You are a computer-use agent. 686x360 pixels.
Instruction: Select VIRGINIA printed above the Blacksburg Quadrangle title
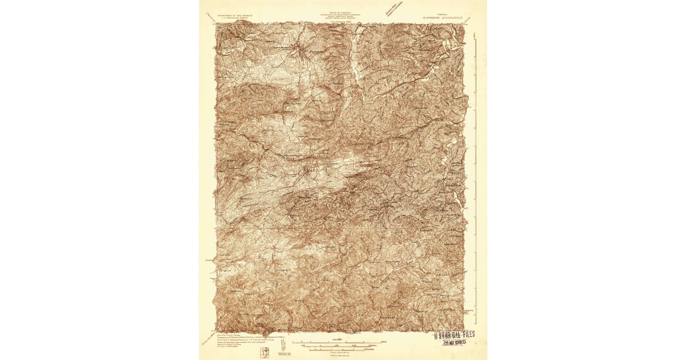tap(442, 14)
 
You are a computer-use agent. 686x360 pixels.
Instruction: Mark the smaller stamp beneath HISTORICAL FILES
tap(455, 342)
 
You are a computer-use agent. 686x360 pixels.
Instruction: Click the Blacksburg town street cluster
tap(301, 51)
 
